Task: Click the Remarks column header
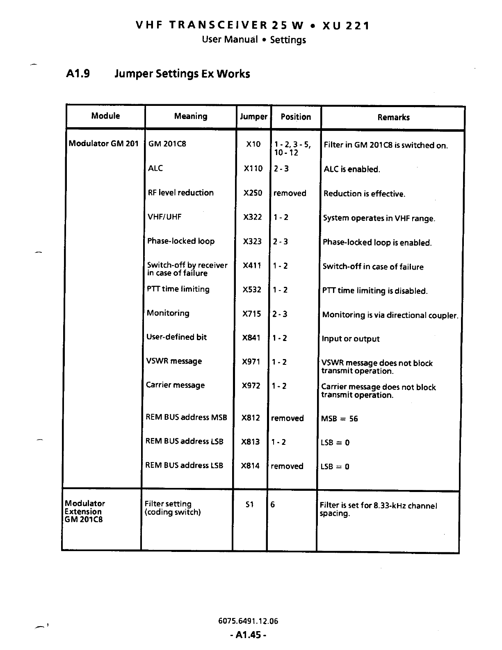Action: pyautogui.click(x=393, y=117)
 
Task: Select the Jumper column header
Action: pyautogui.click(x=253, y=117)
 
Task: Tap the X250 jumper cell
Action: pyautogui.click(x=253, y=193)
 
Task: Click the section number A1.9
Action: pyautogui.click(x=78, y=74)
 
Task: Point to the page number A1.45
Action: pyautogui.click(x=248, y=635)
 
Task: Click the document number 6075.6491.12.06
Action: pyautogui.click(x=248, y=621)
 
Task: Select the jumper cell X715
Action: pyautogui.click(x=252, y=314)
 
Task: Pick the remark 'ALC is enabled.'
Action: pyautogui.click(x=351, y=169)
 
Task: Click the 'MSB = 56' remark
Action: pyautogui.click(x=339, y=419)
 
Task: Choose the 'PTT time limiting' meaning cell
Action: pyautogui.click(x=178, y=289)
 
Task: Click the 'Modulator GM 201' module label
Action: pyautogui.click(x=103, y=144)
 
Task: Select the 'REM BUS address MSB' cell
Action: pyautogui.click(x=186, y=417)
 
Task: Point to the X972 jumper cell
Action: pyautogui.click(x=251, y=386)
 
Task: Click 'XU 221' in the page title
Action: pyautogui.click(x=346, y=26)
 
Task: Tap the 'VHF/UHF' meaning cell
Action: pyautogui.click(x=164, y=217)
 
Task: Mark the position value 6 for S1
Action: pyautogui.click(x=273, y=504)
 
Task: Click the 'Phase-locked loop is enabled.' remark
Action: pyautogui.click(x=377, y=243)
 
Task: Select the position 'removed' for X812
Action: pyautogui.click(x=287, y=418)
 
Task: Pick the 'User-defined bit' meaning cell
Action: pyautogui.click(x=176, y=337)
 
